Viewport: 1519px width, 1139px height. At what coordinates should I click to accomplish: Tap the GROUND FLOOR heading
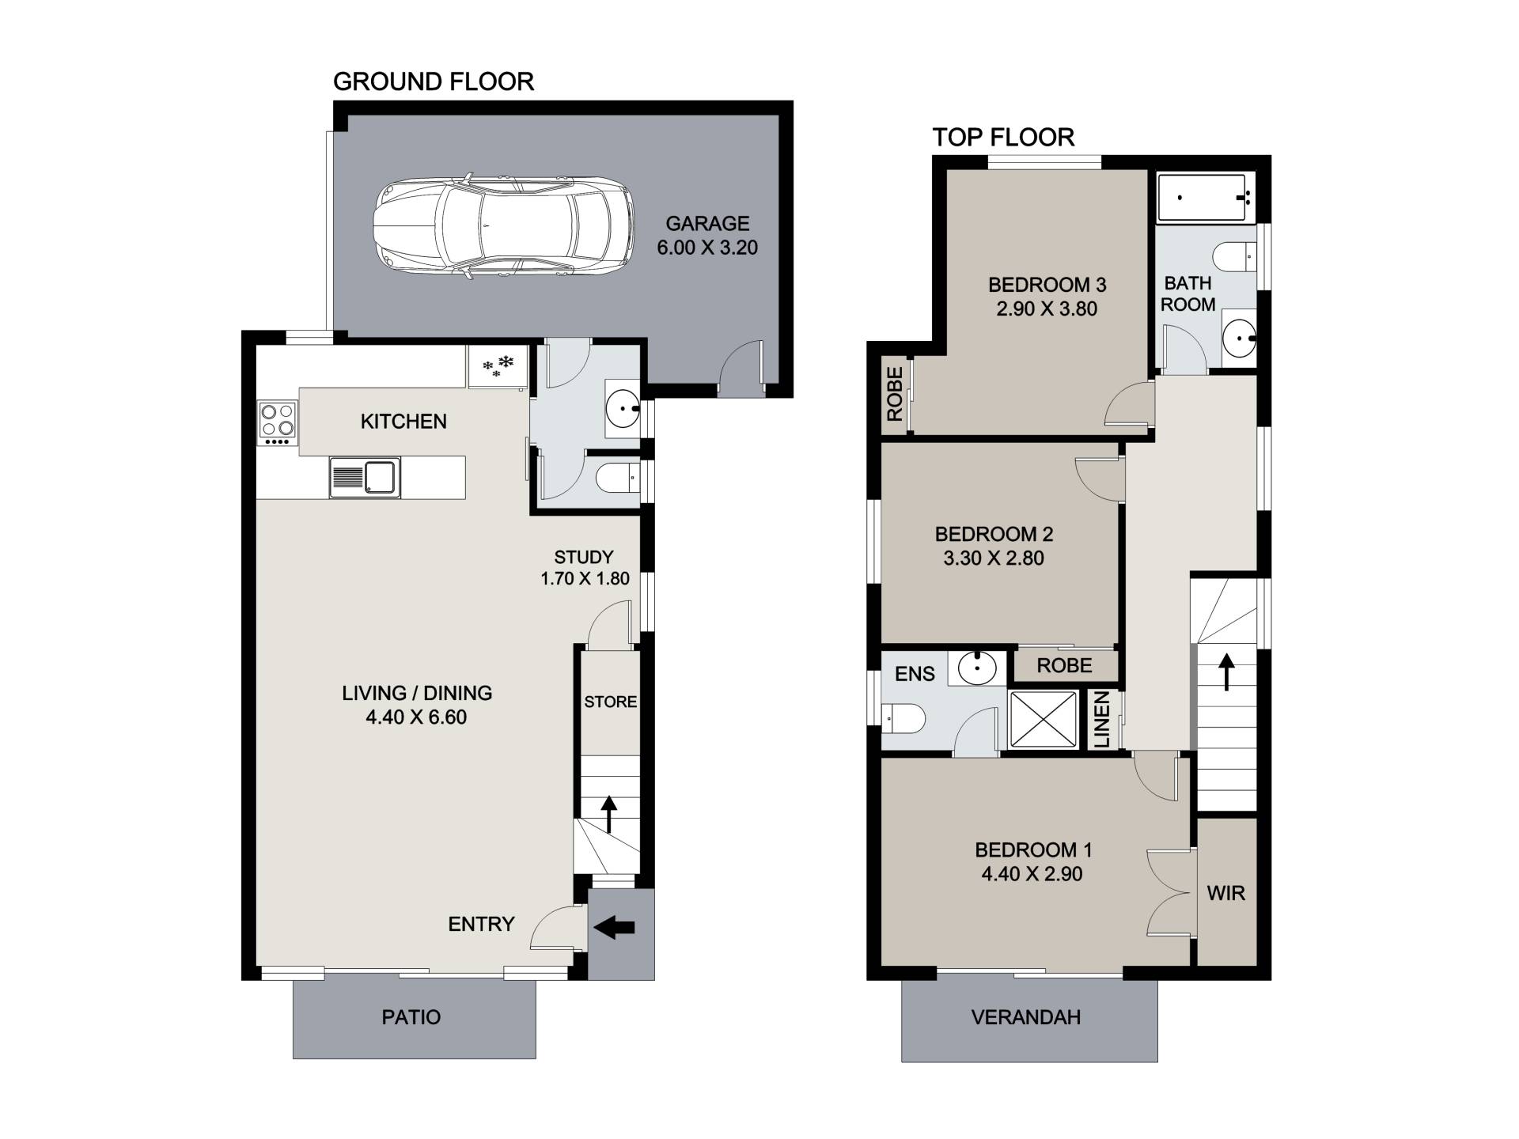pos(434,81)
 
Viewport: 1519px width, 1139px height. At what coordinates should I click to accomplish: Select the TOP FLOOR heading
pos(1003,138)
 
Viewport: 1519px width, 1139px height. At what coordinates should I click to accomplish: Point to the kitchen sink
pos(366,478)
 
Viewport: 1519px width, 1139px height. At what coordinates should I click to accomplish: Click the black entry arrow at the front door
pos(614,927)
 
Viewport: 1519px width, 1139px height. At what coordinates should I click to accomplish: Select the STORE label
pos(611,702)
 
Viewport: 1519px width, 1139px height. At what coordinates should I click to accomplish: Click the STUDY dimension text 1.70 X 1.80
pos(585,579)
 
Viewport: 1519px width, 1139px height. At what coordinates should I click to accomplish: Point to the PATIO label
pos(411,1017)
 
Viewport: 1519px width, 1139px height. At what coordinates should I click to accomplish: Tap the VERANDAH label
pos(1026,1017)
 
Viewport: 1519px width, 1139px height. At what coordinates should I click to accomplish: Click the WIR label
pos(1226,893)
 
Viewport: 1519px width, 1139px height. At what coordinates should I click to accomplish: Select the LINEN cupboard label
pos(1102,720)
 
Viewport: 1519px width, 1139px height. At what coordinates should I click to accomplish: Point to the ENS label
pos(915,674)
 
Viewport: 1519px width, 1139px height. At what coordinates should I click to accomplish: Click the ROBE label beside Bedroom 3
pos(895,394)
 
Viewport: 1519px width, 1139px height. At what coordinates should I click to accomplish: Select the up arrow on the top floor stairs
pos(1226,671)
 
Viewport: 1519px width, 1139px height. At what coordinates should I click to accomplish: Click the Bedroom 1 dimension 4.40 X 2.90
pos(1032,874)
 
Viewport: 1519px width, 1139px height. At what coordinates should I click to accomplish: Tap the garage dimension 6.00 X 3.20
pos(707,248)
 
